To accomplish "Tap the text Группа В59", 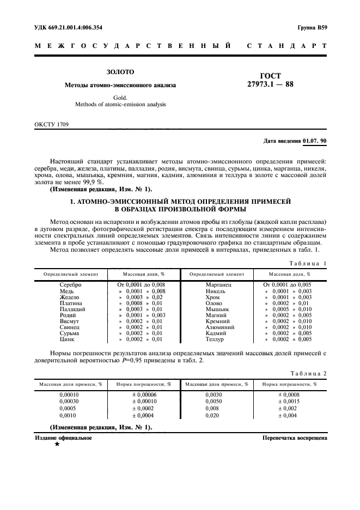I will click(x=313, y=27).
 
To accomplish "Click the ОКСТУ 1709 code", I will click(x=52, y=124).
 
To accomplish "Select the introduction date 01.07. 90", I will click(x=314, y=141).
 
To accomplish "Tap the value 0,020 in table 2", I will click(x=213, y=416).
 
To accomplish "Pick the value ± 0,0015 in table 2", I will click(x=289, y=402).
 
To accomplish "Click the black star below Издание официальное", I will click(x=56, y=445).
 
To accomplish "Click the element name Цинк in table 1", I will click(x=70, y=339).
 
